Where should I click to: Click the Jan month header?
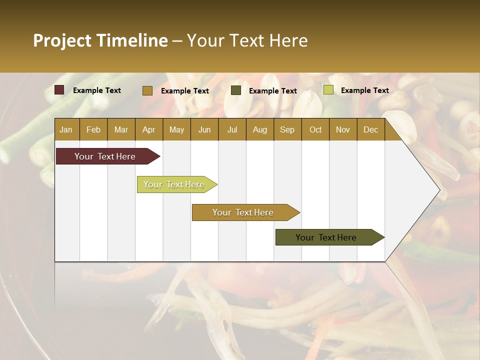point(66,129)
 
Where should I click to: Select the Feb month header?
point(93,129)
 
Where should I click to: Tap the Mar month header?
point(121,129)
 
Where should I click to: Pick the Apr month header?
point(148,129)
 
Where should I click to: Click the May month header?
point(176,129)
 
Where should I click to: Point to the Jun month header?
point(204,129)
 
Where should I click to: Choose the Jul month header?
point(232,129)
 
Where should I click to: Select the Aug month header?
point(260,129)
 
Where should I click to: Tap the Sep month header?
point(287,129)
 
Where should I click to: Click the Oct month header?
point(315,129)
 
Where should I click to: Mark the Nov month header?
point(343,129)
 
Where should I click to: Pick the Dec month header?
point(371,129)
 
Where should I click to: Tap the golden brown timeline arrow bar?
point(243,212)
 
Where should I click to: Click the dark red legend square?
point(59,90)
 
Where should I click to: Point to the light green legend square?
point(328,90)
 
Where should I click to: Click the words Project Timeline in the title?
point(100,40)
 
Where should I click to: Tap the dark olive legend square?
point(236,90)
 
